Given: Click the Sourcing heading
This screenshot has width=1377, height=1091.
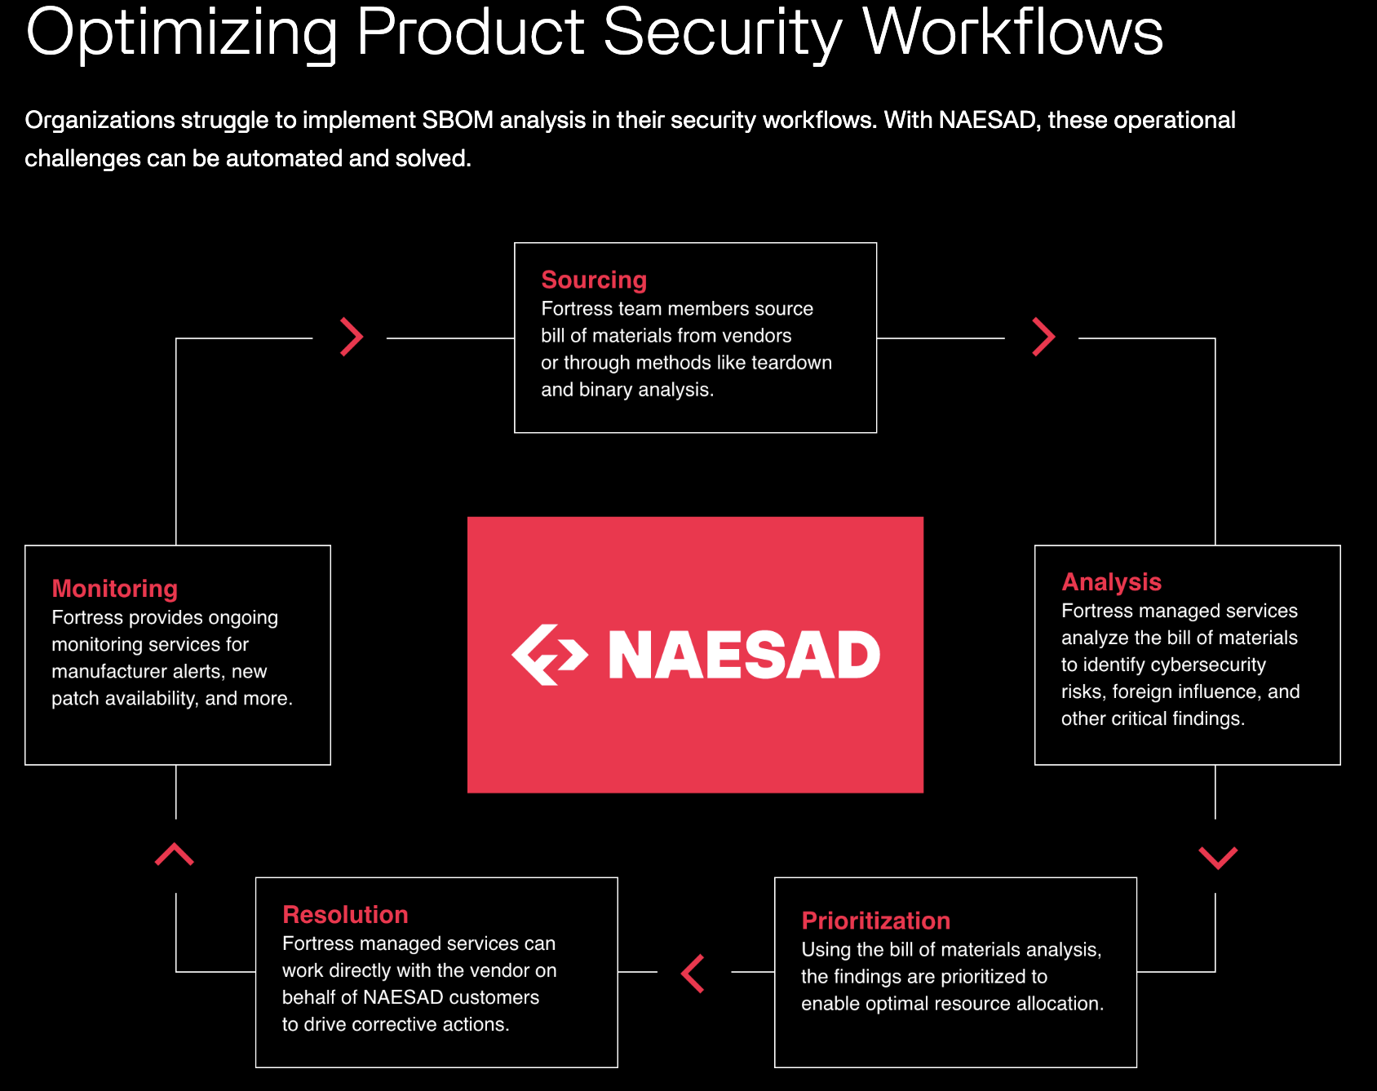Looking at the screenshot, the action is pyautogui.click(x=594, y=280).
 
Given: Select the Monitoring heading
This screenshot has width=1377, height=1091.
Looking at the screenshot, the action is pyautogui.click(x=114, y=589).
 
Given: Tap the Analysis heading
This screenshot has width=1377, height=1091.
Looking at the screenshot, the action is pyautogui.click(x=1111, y=581).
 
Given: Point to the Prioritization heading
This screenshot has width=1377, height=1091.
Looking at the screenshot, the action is pyautogui.click(x=875, y=921).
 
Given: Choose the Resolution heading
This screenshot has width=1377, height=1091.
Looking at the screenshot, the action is pyautogui.click(x=345, y=915).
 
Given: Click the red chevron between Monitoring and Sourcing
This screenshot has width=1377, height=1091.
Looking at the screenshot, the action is pyautogui.click(x=352, y=337).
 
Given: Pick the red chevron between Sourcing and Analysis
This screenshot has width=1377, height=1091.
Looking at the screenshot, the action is pyautogui.click(x=1043, y=337).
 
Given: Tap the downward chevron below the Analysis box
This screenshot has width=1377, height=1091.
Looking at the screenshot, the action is pyautogui.click(x=1218, y=858).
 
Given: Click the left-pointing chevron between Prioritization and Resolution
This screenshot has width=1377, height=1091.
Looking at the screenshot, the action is pyautogui.click(x=693, y=974).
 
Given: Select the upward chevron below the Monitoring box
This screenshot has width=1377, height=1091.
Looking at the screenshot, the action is pyautogui.click(x=175, y=854).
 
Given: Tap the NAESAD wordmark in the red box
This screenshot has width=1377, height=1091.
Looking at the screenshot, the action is pyautogui.click(x=744, y=655).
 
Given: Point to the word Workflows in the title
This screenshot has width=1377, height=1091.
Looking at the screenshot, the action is pyautogui.click(x=1013, y=33).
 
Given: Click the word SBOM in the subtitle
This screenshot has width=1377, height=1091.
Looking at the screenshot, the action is pyautogui.click(x=458, y=120).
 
